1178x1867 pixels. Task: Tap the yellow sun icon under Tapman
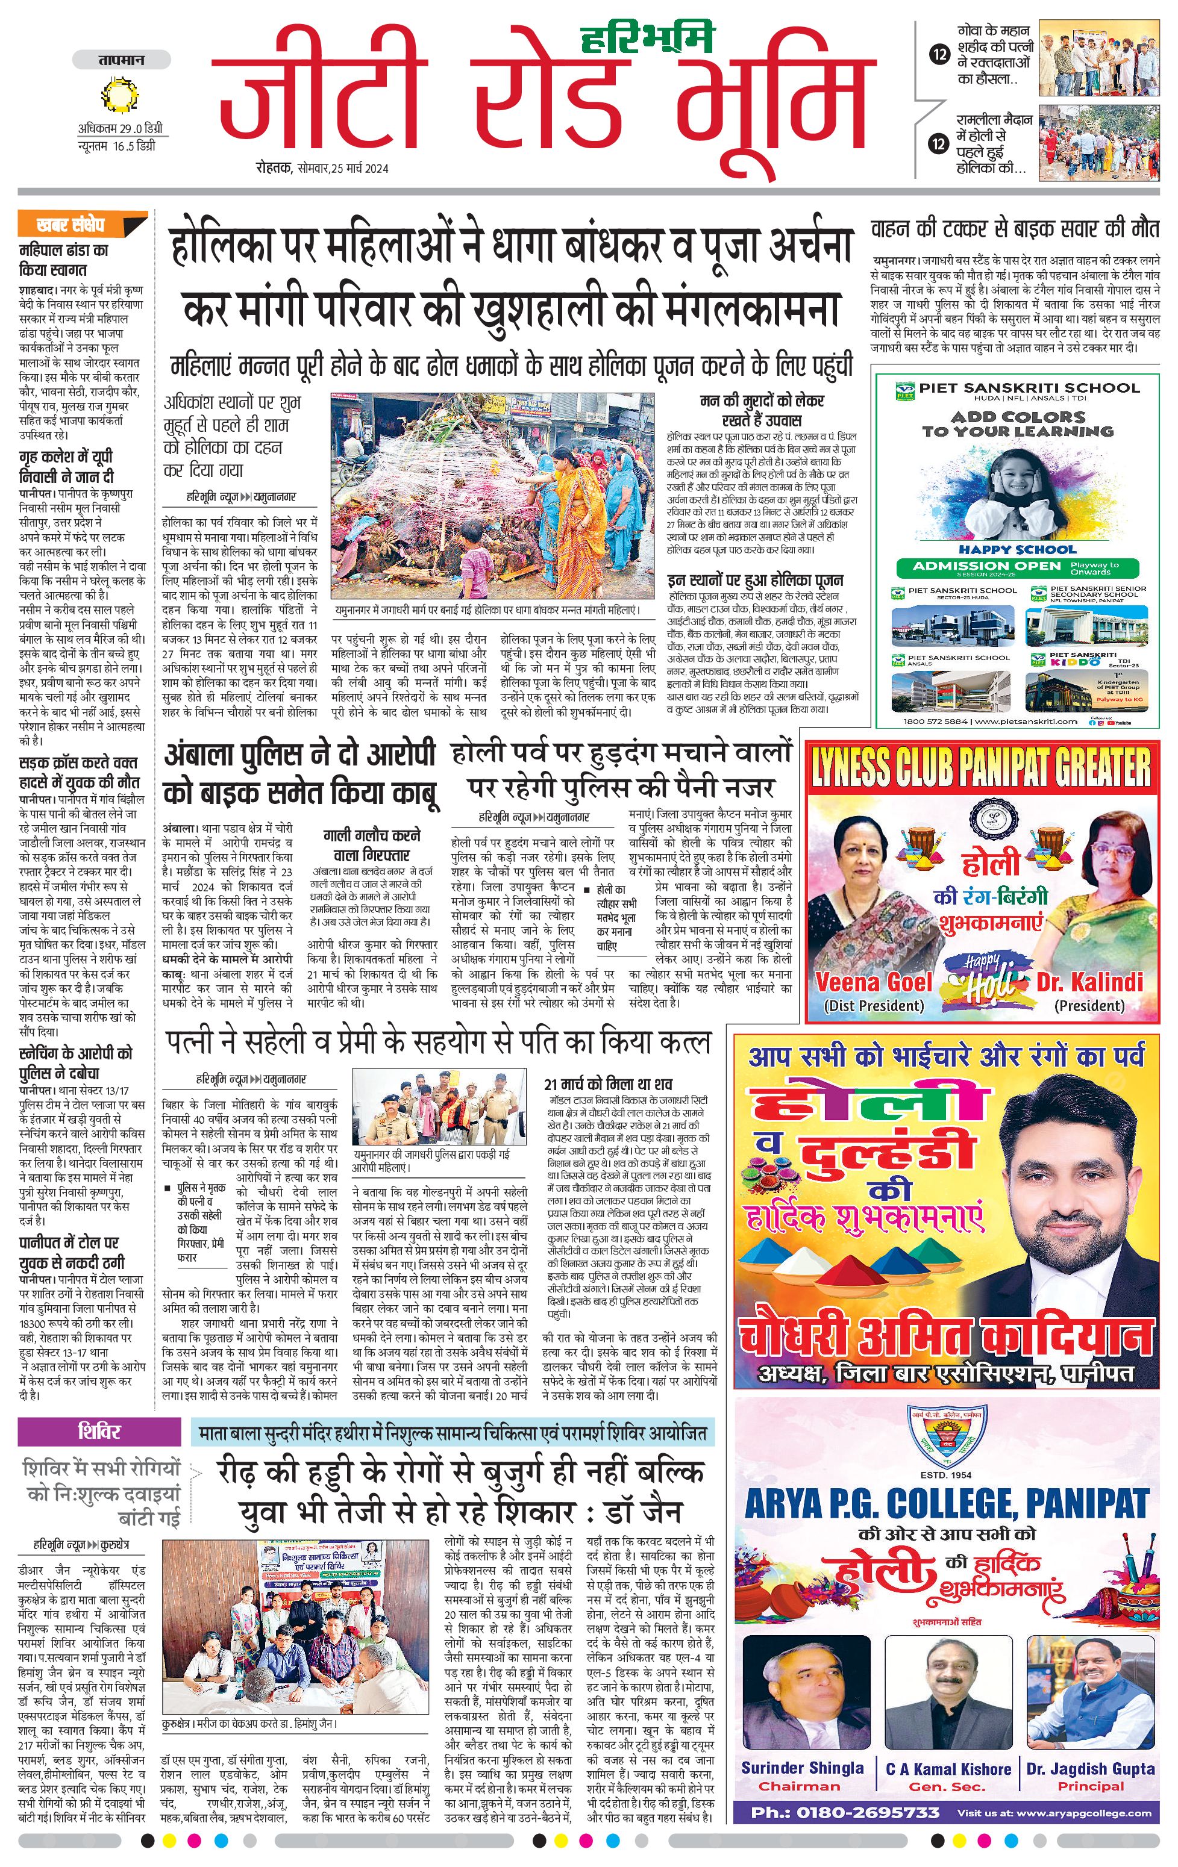tap(120, 97)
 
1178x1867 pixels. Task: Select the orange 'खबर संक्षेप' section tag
tap(81, 225)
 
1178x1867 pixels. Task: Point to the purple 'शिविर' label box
tap(99, 1431)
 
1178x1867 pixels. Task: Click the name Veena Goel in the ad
tap(873, 982)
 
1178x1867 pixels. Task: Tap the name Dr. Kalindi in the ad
tap(1089, 982)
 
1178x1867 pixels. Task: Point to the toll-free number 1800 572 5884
tap(935, 721)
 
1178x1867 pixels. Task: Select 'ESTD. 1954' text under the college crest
tap(946, 1475)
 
